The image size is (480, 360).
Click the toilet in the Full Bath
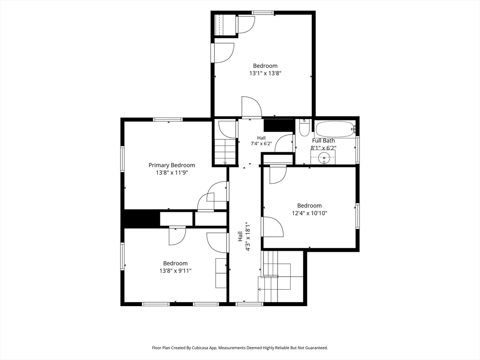click(x=304, y=127)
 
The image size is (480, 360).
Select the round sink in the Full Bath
click(x=323, y=158)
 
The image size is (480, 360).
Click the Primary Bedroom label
click(x=172, y=165)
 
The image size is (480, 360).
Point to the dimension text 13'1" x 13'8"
click(x=265, y=74)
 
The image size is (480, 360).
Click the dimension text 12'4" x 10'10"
click(x=309, y=213)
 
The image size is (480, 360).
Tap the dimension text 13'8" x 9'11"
click(x=175, y=270)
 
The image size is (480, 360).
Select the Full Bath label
click(x=323, y=141)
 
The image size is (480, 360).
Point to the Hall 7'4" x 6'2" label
click(x=262, y=141)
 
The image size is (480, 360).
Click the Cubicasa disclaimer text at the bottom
click(x=240, y=348)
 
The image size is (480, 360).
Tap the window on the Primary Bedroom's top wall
click(x=168, y=120)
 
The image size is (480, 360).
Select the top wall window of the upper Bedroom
click(x=262, y=13)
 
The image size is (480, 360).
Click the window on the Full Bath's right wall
click(x=358, y=150)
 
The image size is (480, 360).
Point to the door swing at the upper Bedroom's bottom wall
click(x=252, y=107)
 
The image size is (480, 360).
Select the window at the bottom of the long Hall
click(x=249, y=304)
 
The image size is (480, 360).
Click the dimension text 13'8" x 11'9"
click(x=172, y=172)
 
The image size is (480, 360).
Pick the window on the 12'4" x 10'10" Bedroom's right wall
click(x=358, y=216)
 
